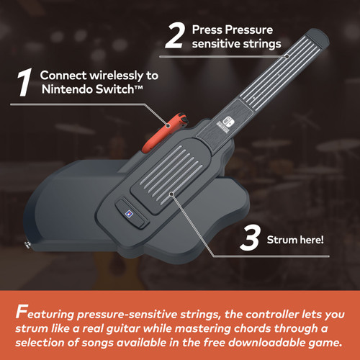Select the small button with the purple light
pos(127,213)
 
